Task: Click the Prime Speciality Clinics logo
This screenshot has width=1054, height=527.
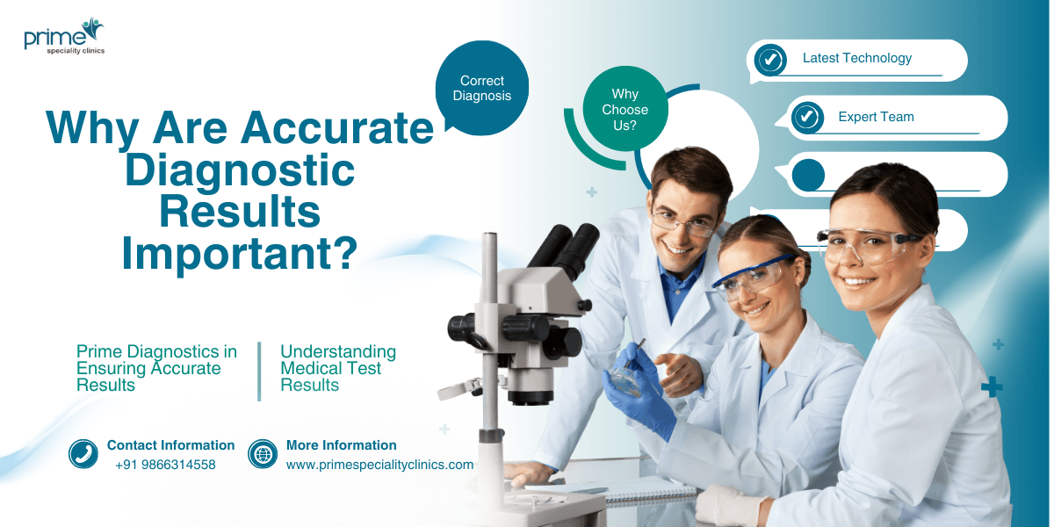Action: coord(64,37)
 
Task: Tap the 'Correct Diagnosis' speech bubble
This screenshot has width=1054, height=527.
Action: coord(482,88)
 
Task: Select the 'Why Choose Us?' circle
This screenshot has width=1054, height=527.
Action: coord(624,110)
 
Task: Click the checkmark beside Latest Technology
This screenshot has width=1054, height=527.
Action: coord(770,60)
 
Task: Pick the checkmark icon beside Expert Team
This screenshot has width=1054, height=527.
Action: coord(806,118)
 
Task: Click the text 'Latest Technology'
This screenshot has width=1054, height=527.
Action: coord(856,59)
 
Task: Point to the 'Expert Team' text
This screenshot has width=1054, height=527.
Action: coord(876,117)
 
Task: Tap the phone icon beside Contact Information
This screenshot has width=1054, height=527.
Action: coord(83,454)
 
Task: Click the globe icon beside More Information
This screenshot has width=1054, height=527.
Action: coord(263,454)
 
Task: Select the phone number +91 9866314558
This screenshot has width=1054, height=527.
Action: coord(165,465)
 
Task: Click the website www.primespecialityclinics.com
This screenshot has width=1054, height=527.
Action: coord(379,465)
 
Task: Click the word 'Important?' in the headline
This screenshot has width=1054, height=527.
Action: coord(239,252)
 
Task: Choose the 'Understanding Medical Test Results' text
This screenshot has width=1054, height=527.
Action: coord(337,368)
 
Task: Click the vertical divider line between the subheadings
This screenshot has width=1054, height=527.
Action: coord(259,371)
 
